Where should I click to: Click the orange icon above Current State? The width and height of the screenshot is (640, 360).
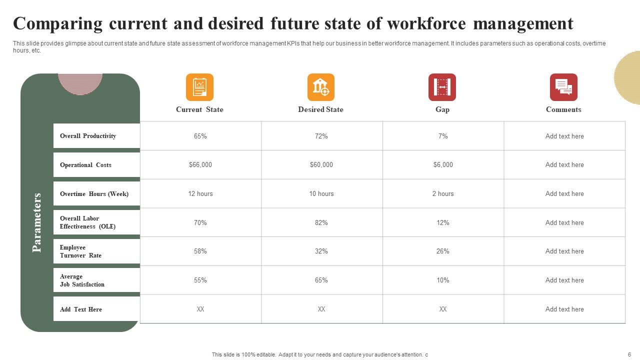(x=199, y=87)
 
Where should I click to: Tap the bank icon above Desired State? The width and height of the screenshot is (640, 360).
(x=321, y=87)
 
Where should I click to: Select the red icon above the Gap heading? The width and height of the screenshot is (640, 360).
(x=442, y=87)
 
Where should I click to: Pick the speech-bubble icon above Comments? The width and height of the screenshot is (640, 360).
(x=563, y=87)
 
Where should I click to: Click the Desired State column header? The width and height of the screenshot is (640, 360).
(x=320, y=109)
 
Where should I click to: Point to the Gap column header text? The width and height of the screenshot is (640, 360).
(x=442, y=109)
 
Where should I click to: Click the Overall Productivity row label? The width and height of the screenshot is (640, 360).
(x=88, y=136)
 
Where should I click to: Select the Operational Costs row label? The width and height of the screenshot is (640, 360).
(x=85, y=165)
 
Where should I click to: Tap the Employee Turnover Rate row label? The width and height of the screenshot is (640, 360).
(x=80, y=251)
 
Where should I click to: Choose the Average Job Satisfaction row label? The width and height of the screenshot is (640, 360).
(x=82, y=280)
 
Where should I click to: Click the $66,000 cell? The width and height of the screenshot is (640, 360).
(x=200, y=164)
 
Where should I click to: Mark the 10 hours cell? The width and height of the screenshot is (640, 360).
(x=321, y=193)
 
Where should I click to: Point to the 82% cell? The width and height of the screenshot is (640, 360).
(x=321, y=222)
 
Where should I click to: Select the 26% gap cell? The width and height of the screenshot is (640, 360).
(x=443, y=251)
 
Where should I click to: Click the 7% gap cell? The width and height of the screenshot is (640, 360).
(x=443, y=136)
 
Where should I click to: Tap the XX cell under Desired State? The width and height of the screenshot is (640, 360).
(x=321, y=309)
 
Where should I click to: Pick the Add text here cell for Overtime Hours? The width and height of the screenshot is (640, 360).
(x=564, y=193)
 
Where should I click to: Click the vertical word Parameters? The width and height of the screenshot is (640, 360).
(x=37, y=222)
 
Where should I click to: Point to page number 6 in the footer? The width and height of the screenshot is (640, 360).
(x=629, y=354)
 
